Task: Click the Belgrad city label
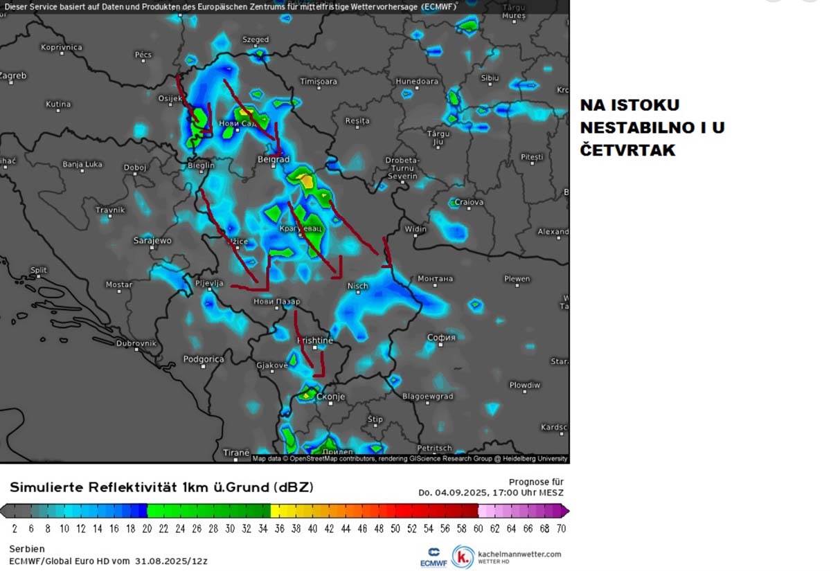click(274, 159)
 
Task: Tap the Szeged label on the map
click(256, 40)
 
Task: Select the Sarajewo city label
click(152, 241)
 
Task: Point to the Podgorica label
click(204, 359)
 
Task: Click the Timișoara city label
click(319, 82)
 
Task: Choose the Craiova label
click(469, 203)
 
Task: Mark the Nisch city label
click(357, 286)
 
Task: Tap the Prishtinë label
click(315, 341)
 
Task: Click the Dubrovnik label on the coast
click(136, 343)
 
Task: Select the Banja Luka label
click(82, 165)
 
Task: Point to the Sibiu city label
click(489, 78)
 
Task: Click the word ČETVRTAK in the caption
click(627, 150)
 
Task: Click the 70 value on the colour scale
click(561, 529)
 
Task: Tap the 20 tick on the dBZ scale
click(147, 529)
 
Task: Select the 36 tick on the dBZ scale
click(279, 529)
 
